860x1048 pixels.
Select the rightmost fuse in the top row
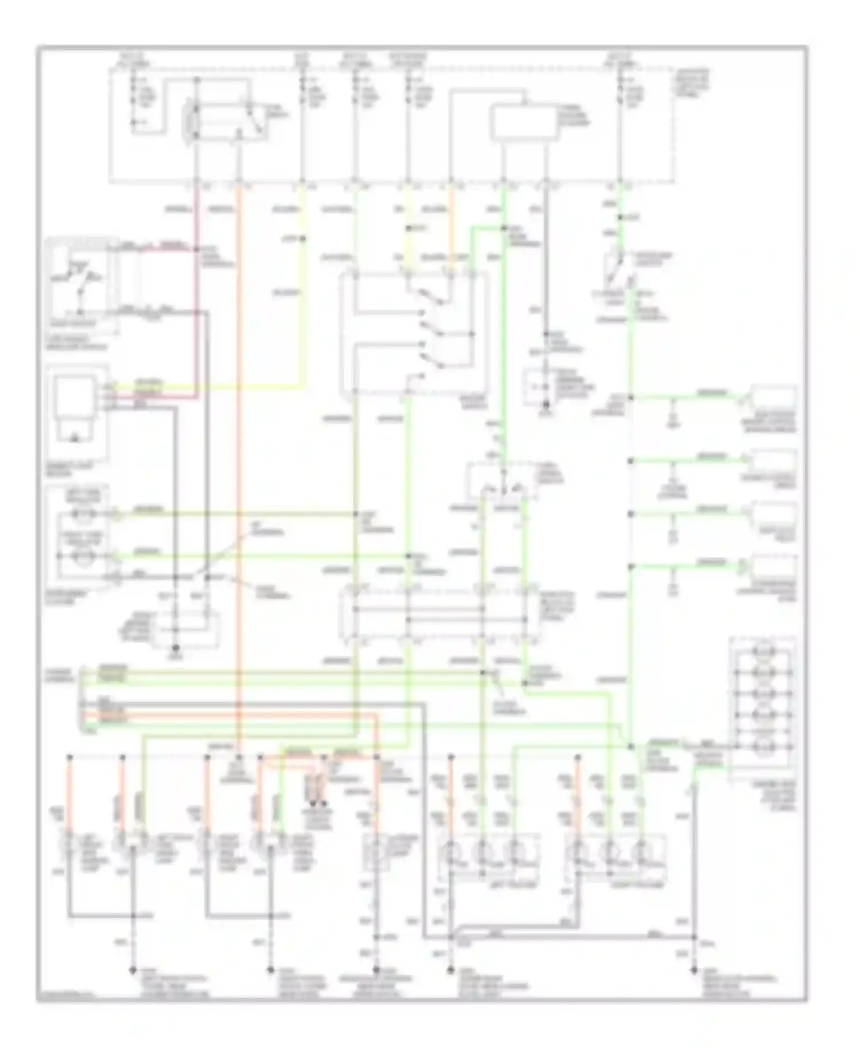(620, 95)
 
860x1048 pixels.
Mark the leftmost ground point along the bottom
(134, 970)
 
